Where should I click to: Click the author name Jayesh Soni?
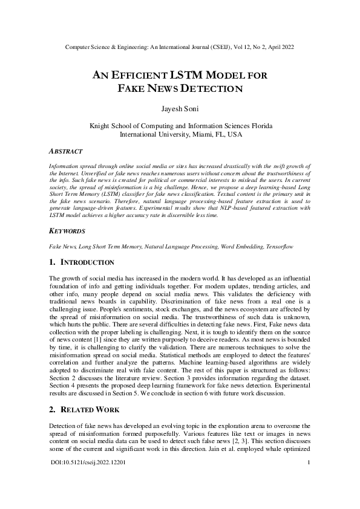[180, 110]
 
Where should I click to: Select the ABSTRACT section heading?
[65, 151]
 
